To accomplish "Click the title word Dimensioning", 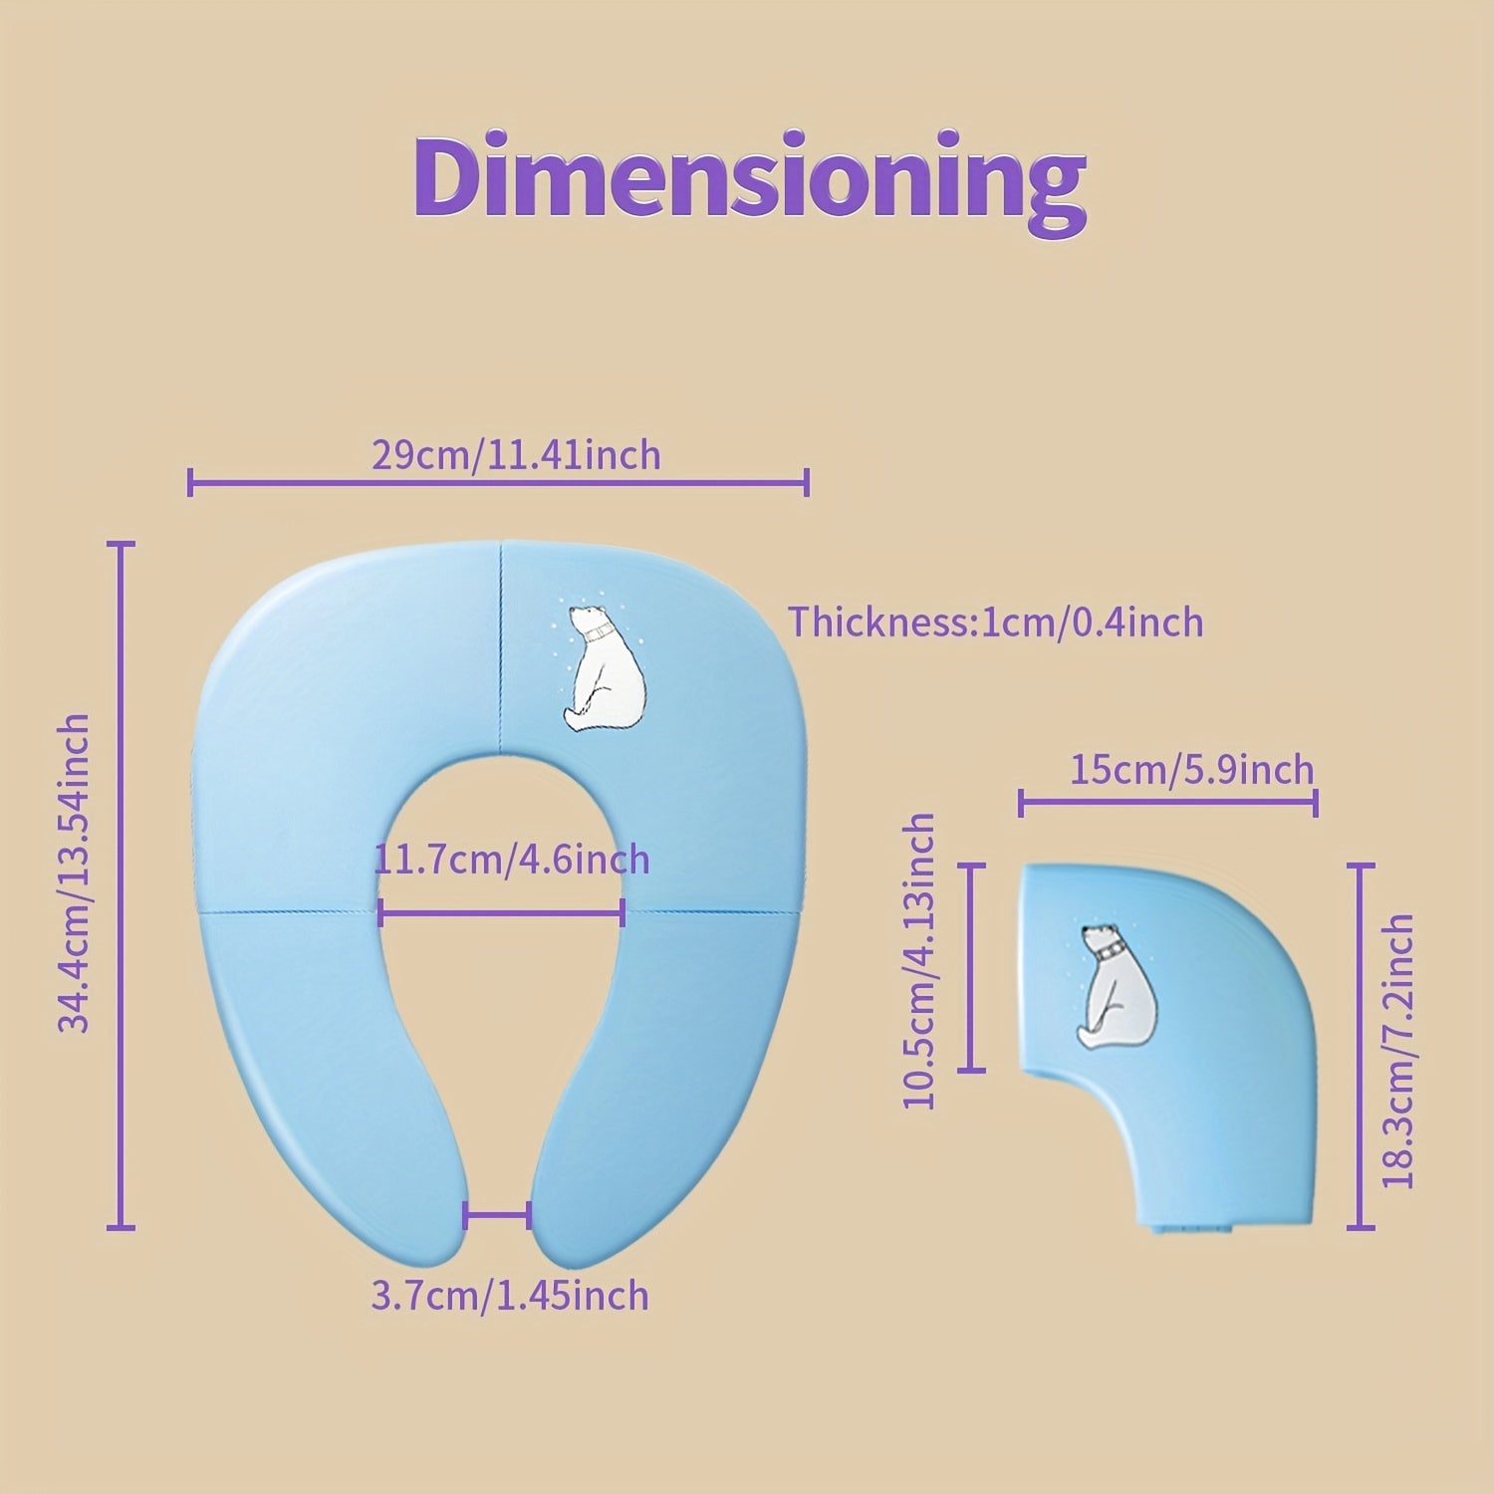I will pyautogui.click(x=749, y=177).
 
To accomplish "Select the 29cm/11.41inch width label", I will pyautogui.click(x=516, y=455).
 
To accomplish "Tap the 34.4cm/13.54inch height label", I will pyautogui.click(x=74, y=872).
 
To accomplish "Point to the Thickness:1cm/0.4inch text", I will pyautogui.click(x=996, y=622).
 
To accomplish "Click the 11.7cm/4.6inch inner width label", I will pyautogui.click(x=512, y=859).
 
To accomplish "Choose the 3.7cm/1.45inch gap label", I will pyautogui.click(x=509, y=1296).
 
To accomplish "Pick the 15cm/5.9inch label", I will pyautogui.click(x=1192, y=770).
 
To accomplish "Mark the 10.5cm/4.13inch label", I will pyautogui.click(x=919, y=960).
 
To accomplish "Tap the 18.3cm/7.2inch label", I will pyautogui.click(x=1398, y=1051).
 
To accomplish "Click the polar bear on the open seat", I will pyautogui.click(x=602, y=667).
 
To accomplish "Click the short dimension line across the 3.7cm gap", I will pyautogui.click(x=497, y=1214).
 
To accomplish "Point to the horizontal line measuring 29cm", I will pyautogui.click(x=497, y=484).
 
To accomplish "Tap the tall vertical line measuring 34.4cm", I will pyautogui.click(x=122, y=886).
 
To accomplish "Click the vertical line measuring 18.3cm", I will pyautogui.click(x=1361, y=1046).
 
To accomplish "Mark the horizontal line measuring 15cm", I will pyautogui.click(x=1168, y=802).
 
